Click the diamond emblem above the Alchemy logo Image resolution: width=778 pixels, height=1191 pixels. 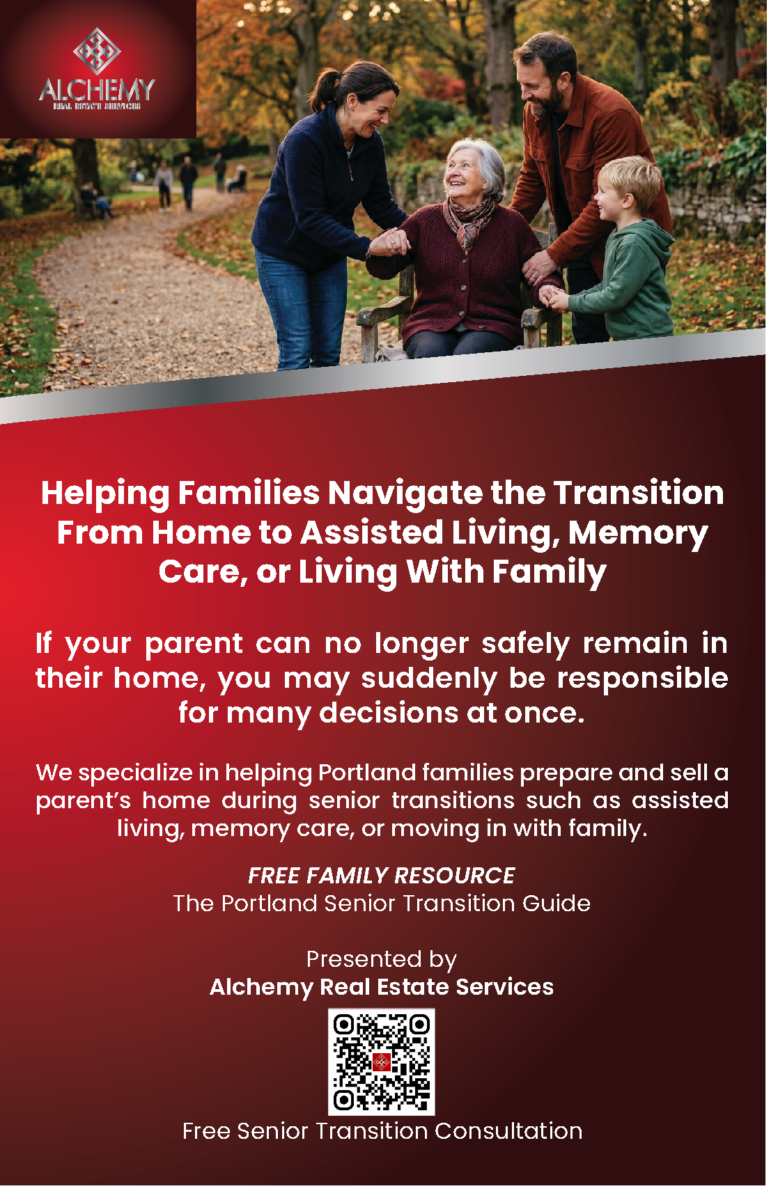(x=98, y=50)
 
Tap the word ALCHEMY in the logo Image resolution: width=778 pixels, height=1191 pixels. (x=98, y=90)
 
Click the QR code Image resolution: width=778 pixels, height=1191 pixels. (x=382, y=1062)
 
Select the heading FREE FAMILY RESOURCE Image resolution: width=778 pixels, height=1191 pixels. (x=382, y=875)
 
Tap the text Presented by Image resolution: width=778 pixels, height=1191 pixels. (x=382, y=959)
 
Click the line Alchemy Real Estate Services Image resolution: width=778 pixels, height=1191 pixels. (x=382, y=987)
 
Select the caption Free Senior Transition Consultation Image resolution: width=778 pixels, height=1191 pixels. (x=382, y=1131)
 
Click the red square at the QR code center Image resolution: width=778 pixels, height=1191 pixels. (x=382, y=1062)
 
